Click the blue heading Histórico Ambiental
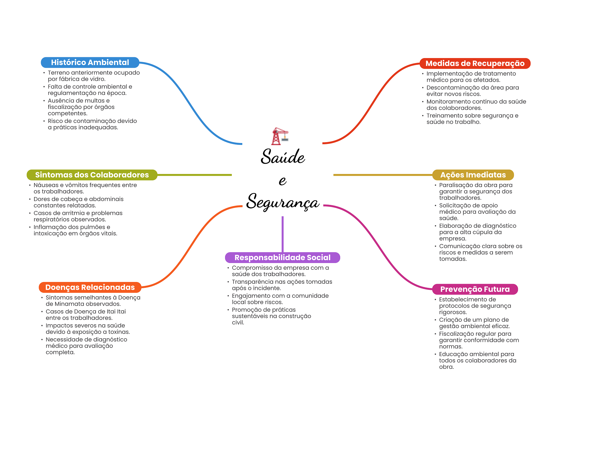pyautogui.click(x=90, y=62)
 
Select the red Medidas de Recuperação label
pyautogui.click(x=475, y=63)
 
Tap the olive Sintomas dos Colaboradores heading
pyautogui.click(x=92, y=175)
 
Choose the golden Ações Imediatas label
pyautogui.click(x=473, y=175)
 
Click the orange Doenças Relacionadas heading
pyautogui.click(x=90, y=287)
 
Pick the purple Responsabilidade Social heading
pyautogui.click(x=282, y=257)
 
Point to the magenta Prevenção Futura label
pyautogui.click(x=475, y=289)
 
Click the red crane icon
pyautogui.click(x=280, y=136)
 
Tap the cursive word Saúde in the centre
pyautogui.click(x=282, y=157)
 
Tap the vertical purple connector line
pyautogui.click(x=282, y=234)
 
